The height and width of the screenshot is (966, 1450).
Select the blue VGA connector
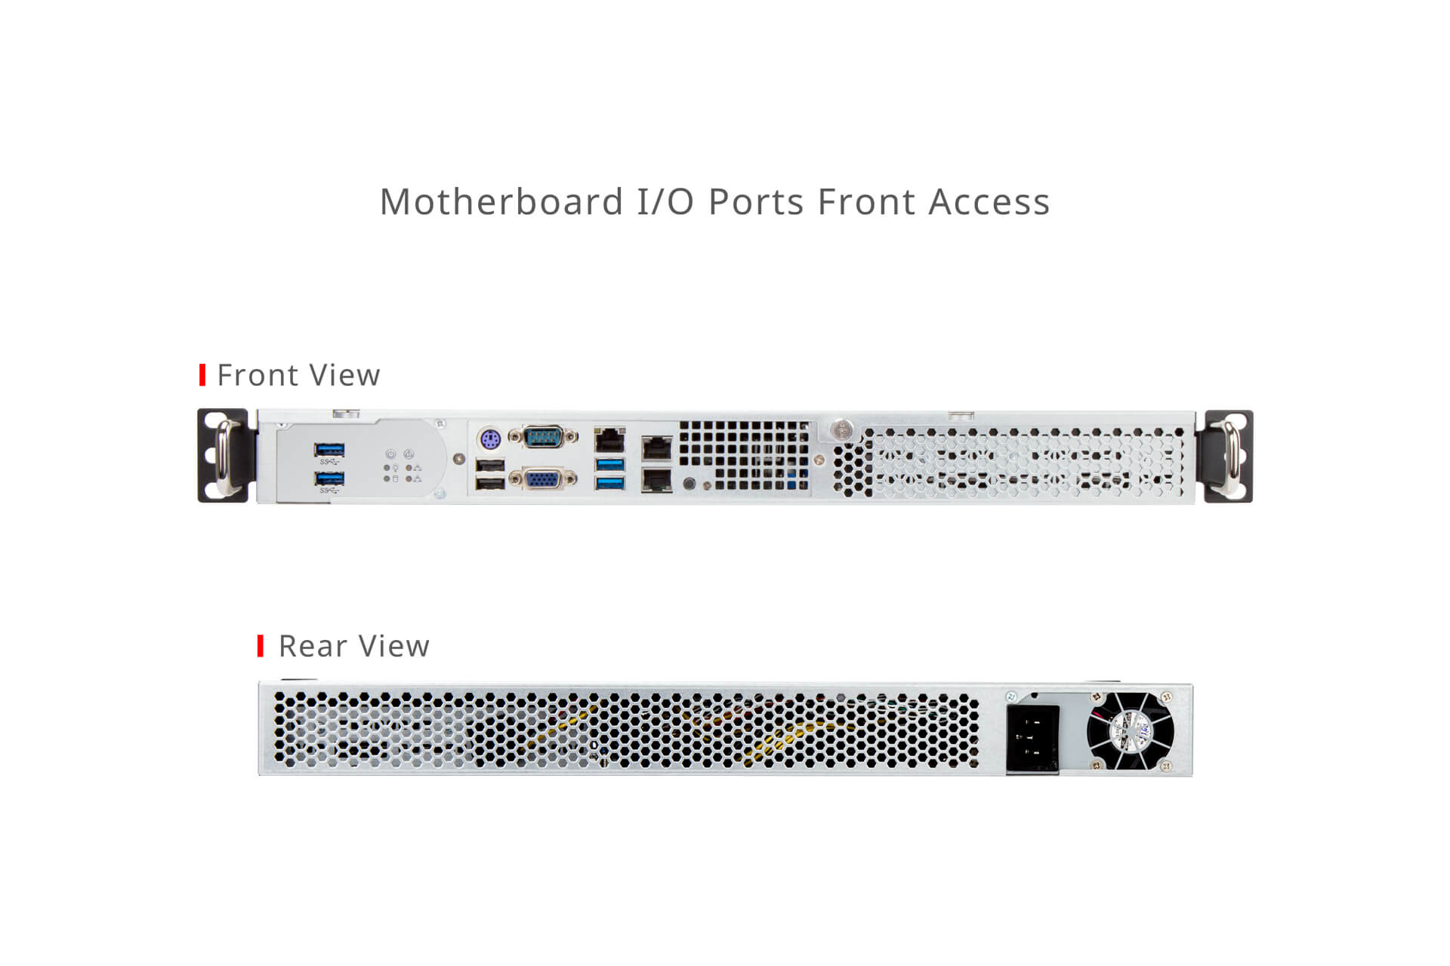pyautogui.click(x=543, y=478)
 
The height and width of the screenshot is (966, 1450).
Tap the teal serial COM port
pyautogui.click(x=543, y=436)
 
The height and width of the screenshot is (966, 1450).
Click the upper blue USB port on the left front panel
pyautogui.click(x=329, y=450)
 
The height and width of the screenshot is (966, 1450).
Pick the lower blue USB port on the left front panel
pyautogui.click(x=329, y=479)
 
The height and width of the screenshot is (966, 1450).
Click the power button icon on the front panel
pyautogui.click(x=390, y=454)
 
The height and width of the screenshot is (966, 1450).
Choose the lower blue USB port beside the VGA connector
pyautogui.click(x=610, y=481)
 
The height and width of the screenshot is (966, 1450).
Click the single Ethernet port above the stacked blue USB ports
pyautogui.click(x=610, y=439)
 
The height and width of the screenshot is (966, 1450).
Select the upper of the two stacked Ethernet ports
pyautogui.click(x=656, y=448)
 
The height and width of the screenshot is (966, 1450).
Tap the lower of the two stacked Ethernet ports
pyautogui.click(x=656, y=479)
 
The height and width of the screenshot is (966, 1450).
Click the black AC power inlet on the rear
pyautogui.click(x=1032, y=740)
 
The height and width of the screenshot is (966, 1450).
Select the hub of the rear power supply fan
pyautogui.click(x=1131, y=731)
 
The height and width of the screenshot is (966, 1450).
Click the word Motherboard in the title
pyautogui.click(x=501, y=202)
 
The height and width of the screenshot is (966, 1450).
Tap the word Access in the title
pyautogui.click(x=989, y=202)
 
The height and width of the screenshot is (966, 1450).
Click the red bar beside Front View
pyautogui.click(x=202, y=375)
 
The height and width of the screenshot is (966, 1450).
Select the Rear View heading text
pyautogui.click(x=354, y=646)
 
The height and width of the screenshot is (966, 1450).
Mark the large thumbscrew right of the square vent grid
pyautogui.click(x=840, y=430)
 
